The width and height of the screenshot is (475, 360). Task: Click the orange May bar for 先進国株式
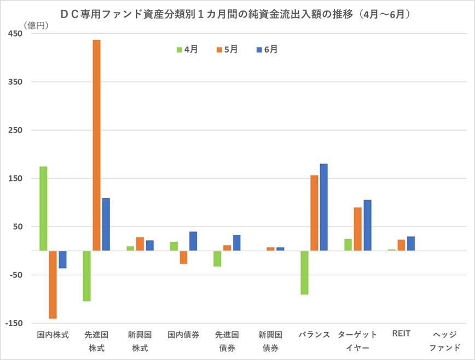(x=96, y=145)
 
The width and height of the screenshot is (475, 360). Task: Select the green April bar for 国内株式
(x=43, y=208)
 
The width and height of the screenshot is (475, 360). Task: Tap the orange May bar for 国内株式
(x=53, y=284)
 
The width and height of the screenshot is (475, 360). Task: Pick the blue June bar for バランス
(x=323, y=207)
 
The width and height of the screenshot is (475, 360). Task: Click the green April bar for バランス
(x=304, y=272)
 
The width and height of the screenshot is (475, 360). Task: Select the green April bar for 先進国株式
(x=86, y=276)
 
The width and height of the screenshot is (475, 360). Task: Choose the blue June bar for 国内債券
(x=193, y=241)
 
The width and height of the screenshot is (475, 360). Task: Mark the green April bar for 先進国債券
(x=217, y=258)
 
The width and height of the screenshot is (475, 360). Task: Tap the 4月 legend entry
(x=187, y=49)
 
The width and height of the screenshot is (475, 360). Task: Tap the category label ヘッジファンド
(x=444, y=341)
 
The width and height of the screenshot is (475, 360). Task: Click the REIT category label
(x=401, y=334)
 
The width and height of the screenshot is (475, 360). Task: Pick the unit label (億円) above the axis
(x=37, y=25)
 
